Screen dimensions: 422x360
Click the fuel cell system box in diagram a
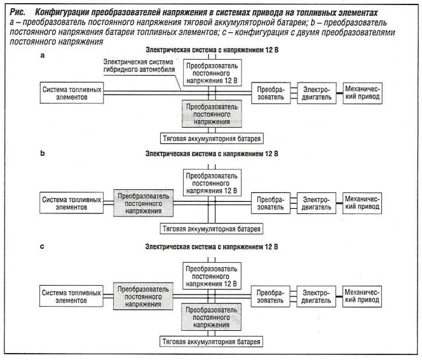pyautogui.click(x=72, y=93)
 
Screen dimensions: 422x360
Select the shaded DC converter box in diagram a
pyautogui.click(x=212, y=114)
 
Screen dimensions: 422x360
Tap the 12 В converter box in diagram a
pyautogui.click(x=212, y=73)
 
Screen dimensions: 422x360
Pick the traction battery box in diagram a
pyautogui.click(x=212, y=138)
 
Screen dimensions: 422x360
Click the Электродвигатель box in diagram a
pyautogui.click(x=316, y=93)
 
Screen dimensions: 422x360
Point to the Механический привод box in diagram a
pyautogui.click(x=362, y=93)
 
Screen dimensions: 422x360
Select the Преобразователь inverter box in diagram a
pyautogui.click(x=271, y=93)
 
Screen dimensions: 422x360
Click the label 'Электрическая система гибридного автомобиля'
pyautogui.click(x=139, y=65)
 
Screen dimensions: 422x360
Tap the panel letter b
pyautogui.click(x=42, y=153)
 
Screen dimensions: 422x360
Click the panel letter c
pyautogui.click(x=42, y=246)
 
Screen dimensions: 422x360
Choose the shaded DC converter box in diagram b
pyautogui.click(x=143, y=203)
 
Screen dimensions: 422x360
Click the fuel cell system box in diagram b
pyautogui.click(x=71, y=203)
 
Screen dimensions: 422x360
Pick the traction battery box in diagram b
pyautogui.click(x=211, y=229)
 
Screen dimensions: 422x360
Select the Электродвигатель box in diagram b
pyautogui.click(x=316, y=203)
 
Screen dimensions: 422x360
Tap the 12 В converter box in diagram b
pyautogui.click(x=212, y=183)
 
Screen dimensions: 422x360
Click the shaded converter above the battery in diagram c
pyautogui.click(x=211, y=317)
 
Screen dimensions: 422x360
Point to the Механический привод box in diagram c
pyautogui.click(x=362, y=297)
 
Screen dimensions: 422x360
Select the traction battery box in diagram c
pyautogui.click(x=211, y=342)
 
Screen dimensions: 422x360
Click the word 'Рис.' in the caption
pyautogui.click(x=17, y=12)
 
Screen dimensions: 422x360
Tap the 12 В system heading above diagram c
pyautogui.click(x=212, y=246)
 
